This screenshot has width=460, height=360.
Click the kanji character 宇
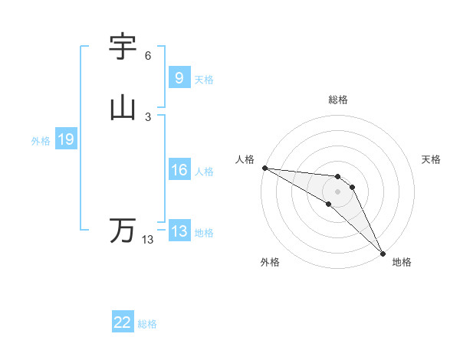click(x=123, y=47)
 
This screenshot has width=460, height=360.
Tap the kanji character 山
click(x=123, y=108)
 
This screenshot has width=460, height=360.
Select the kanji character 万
click(x=123, y=230)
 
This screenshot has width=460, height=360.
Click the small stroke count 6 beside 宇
click(x=147, y=56)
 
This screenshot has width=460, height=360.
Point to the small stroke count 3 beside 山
click(x=147, y=116)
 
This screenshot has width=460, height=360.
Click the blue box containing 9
click(x=179, y=77)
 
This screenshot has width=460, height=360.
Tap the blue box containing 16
click(x=179, y=170)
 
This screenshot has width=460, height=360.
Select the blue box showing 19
click(x=66, y=139)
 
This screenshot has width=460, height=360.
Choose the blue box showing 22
click(x=123, y=323)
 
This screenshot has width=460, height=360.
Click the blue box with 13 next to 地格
click(x=179, y=232)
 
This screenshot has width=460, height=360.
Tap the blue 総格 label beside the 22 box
click(x=147, y=324)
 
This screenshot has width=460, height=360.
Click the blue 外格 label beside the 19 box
click(x=41, y=141)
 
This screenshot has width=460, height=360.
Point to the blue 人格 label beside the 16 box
click(x=204, y=172)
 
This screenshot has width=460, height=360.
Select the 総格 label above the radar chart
click(x=337, y=100)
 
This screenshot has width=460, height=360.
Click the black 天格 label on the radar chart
click(x=432, y=159)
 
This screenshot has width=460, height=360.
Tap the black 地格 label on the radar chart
click(x=402, y=263)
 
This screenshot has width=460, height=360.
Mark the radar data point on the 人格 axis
click(x=264, y=168)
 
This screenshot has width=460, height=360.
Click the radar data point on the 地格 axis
click(x=383, y=253)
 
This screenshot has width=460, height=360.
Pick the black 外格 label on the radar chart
click(x=270, y=263)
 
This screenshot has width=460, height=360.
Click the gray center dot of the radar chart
click(x=337, y=191)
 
